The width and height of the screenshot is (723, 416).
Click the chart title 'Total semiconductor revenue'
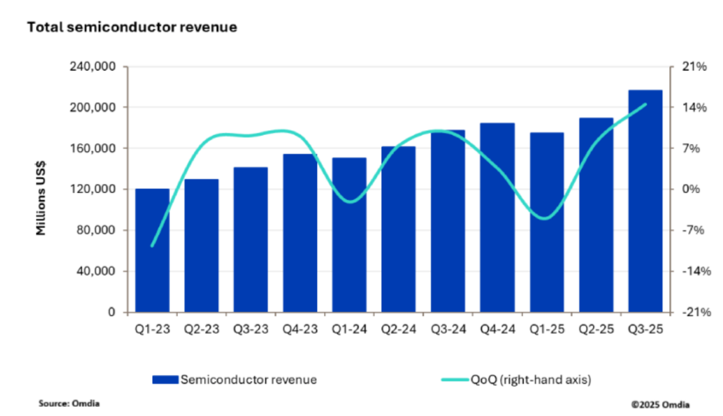click(132, 28)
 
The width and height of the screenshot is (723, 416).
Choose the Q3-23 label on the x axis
click(250, 329)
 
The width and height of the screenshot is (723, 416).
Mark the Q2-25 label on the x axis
click(596, 329)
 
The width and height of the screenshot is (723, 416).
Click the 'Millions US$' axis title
click(41, 189)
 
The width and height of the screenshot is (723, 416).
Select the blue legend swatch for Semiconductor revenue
click(166, 379)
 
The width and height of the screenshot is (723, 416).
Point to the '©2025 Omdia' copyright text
click(661, 404)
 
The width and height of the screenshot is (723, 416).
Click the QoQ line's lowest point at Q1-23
click(152, 246)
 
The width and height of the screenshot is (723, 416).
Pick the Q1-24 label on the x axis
click(349, 329)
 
